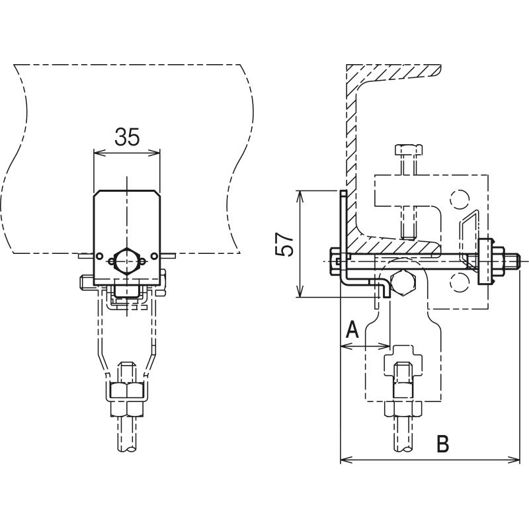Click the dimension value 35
pyautogui.click(x=127, y=137)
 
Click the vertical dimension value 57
pyautogui.click(x=284, y=244)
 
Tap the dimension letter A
pyautogui.click(x=352, y=329)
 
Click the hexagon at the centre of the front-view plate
pyautogui.click(x=126, y=261)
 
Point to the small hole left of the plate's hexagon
pyautogui.click(x=99, y=257)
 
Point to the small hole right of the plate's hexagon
pyautogui.click(x=154, y=257)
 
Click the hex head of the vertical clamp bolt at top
pyautogui.click(x=408, y=150)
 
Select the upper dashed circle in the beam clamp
pyautogui.click(x=458, y=200)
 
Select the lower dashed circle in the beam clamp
pyautogui.click(x=458, y=282)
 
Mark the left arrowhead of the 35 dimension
pyautogui.click(x=98, y=153)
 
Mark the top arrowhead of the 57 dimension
pyautogui.click(x=300, y=196)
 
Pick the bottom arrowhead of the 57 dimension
pyautogui.click(x=300, y=292)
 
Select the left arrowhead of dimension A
pyautogui.click(x=346, y=346)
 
